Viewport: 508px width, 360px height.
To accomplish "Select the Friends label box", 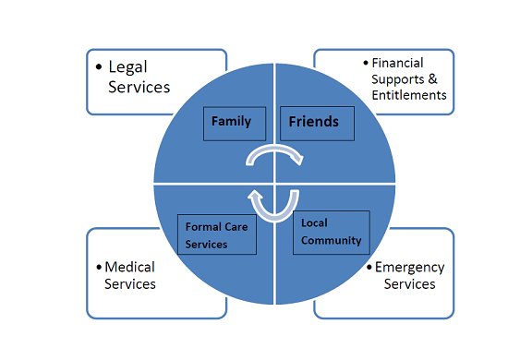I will (313, 123).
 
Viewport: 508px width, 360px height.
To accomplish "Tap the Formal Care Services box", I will (215, 234).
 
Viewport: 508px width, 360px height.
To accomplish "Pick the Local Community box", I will (331, 234).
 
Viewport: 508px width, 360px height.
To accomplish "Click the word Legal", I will (128, 67).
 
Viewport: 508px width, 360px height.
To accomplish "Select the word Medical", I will (129, 267).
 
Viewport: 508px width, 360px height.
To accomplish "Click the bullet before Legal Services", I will (99, 67).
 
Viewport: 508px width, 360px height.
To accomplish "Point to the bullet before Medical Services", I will (99, 268).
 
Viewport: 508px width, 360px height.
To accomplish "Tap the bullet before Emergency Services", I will (368, 269).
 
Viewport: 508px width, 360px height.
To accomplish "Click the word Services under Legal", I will (139, 87).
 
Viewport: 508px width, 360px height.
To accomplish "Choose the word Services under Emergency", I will (409, 284).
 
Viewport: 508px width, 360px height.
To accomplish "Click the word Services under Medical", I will (130, 283).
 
